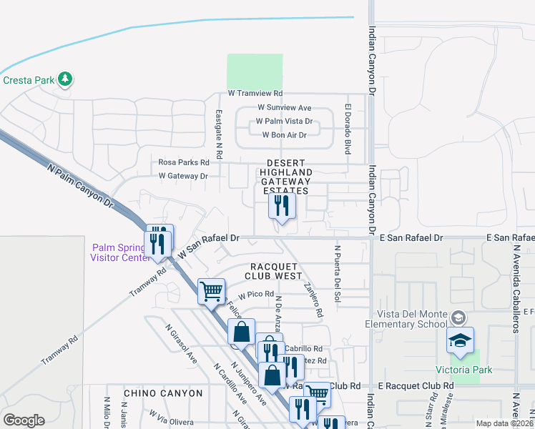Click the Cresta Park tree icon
(x=66, y=79)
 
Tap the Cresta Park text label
(x=29, y=80)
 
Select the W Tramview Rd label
(x=255, y=94)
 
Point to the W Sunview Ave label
(x=285, y=108)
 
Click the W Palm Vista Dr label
(x=284, y=122)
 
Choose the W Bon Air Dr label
(x=284, y=135)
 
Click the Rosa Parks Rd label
(x=184, y=162)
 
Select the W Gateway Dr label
(x=183, y=175)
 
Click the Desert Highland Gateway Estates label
(x=286, y=177)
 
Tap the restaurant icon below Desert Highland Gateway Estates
(x=282, y=207)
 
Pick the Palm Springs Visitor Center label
(x=119, y=252)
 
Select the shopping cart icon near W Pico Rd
(x=211, y=292)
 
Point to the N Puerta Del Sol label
(x=337, y=275)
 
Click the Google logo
(x=24, y=420)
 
